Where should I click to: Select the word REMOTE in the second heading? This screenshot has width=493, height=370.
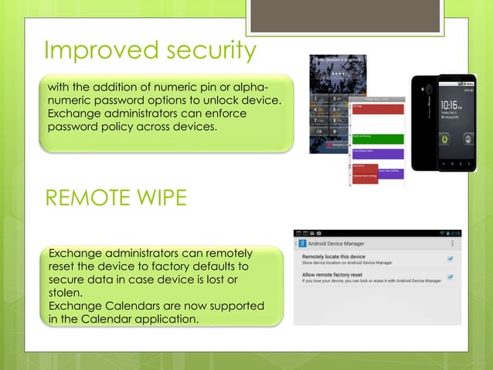[80, 198]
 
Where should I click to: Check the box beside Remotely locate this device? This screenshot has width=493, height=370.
[450, 259]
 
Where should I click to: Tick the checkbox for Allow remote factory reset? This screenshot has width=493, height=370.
[450, 277]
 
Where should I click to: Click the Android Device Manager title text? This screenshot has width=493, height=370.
[348, 244]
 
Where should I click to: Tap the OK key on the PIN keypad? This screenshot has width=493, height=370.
[319, 132]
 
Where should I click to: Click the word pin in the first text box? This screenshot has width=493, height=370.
[213, 85]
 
